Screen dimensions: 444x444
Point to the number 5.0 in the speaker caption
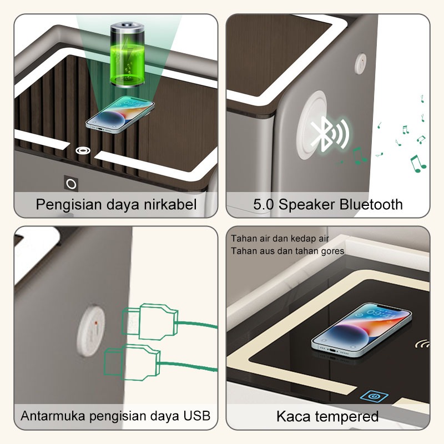[x=264, y=204]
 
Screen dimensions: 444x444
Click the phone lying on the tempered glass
[x=361, y=330]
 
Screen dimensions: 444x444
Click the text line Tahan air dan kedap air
[x=280, y=239]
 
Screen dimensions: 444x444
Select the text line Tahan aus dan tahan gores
[x=287, y=251]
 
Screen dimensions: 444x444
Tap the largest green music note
[x=417, y=163]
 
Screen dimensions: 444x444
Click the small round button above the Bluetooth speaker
[x=361, y=64]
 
